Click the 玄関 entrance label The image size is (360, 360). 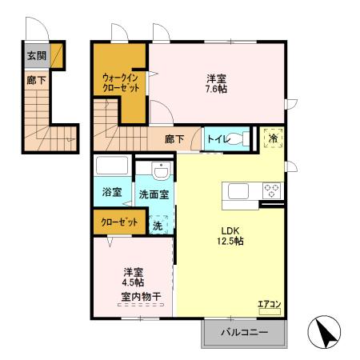[x=35, y=56]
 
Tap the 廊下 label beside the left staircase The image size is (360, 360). [x=35, y=80]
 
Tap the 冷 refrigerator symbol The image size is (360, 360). [x=274, y=138]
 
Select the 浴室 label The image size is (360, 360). [x=112, y=194]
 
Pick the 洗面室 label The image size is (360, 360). [x=153, y=194]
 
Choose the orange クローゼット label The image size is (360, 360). [x=118, y=222]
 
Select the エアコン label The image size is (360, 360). [x=268, y=304]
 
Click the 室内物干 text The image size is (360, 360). [x=141, y=297]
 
